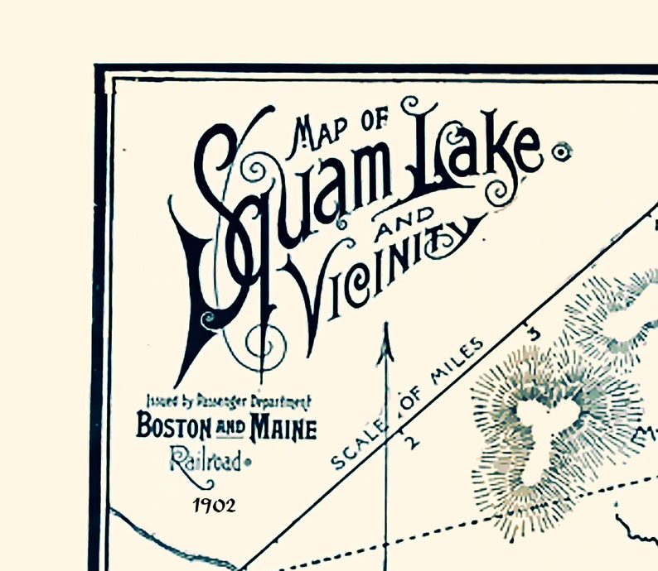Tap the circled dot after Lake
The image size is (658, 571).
point(563,151)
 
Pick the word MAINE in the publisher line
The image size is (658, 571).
point(283,429)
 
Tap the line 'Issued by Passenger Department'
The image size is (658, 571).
point(228,402)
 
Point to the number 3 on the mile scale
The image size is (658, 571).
point(533,333)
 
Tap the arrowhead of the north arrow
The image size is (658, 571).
point(385,348)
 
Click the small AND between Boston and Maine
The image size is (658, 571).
point(232,429)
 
